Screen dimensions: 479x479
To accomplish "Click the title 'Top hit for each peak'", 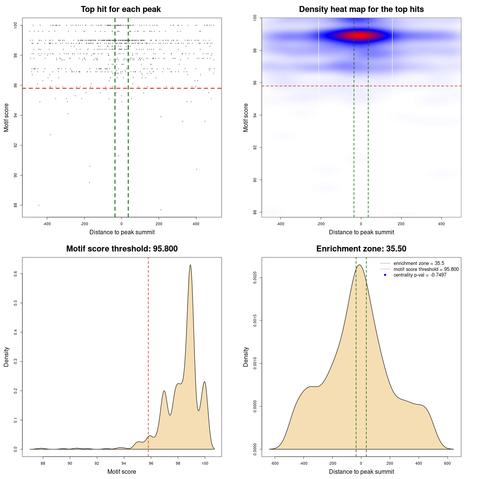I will pyautogui.click(x=121, y=9).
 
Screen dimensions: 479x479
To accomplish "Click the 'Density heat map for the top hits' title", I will pyautogui.click(x=361, y=9).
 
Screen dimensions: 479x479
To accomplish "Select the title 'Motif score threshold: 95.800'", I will pyautogui.click(x=122, y=249).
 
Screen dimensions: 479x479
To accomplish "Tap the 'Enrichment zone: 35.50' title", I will pyautogui.click(x=361, y=249).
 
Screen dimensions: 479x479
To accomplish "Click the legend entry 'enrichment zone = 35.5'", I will pyautogui.click(x=419, y=263).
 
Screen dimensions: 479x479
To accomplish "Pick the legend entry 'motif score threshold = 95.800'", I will pyautogui.click(x=426, y=269).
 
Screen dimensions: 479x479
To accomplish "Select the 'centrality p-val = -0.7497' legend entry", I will pyautogui.click(x=420, y=275).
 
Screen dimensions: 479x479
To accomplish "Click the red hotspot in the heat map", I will pyautogui.click(x=360, y=36).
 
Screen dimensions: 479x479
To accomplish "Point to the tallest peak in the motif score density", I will pyautogui.click(x=190, y=265).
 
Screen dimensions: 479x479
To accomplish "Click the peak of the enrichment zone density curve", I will pyautogui.click(x=360, y=265).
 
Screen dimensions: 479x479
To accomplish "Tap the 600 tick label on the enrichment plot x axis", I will pyautogui.click(x=448, y=463).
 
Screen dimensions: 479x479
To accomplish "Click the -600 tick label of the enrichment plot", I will pyautogui.click(x=275, y=463).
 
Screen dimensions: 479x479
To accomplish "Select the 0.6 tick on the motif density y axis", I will pyautogui.click(x=16, y=274).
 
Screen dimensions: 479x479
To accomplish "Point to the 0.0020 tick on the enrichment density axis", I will pyautogui.click(x=255, y=278).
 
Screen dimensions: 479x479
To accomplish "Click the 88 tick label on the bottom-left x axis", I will pyautogui.click(x=43, y=463).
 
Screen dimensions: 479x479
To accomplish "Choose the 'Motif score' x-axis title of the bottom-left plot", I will pyautogui.click(x=122, y=472).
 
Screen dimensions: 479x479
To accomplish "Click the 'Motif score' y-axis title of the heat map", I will pyautogui.click(x=246, y=118).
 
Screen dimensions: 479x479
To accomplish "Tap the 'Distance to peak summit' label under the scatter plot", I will pyautogui.click(x=122, y=232).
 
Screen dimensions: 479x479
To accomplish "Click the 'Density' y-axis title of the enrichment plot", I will pyautogui.click(x=246, y=357).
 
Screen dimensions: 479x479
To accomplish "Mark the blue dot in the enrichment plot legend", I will pyautogui.click(x=385, y=275).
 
